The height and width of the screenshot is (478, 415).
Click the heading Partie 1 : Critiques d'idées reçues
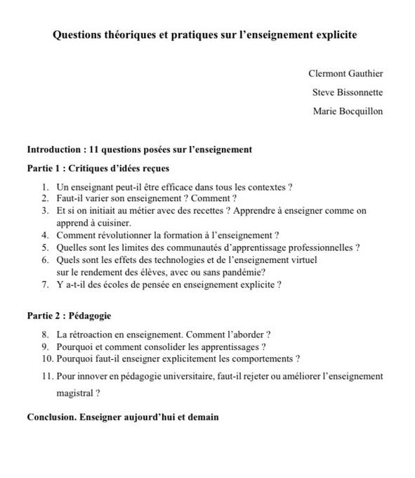coord(98,169)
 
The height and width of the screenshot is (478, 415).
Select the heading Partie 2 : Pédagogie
coord(69,316)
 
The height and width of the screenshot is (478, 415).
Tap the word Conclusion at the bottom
coord(52,417)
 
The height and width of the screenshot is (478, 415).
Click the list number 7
coord(44,285)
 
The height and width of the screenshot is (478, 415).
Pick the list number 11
coord(45,377)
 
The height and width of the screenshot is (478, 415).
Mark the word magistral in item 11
coord(74,394)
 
